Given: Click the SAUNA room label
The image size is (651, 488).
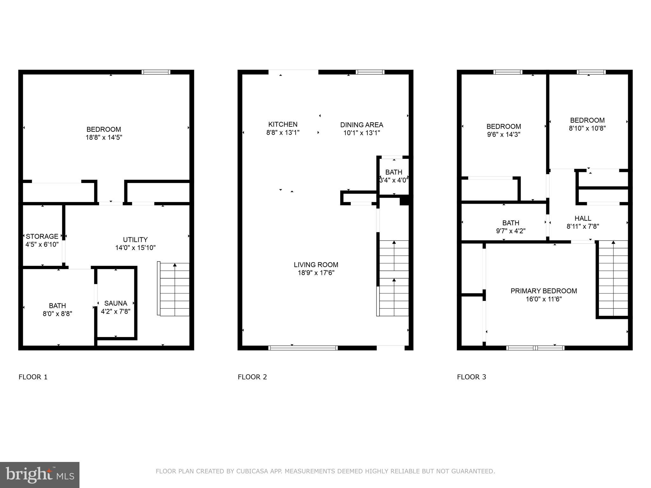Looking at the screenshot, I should pyautogui.click(x=115, y=303).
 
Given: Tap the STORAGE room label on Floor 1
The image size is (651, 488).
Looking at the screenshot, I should pyautogui.click(x=42, y=236).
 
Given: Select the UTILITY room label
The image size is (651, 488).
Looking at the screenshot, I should pyautogui.click(x=135, y=240).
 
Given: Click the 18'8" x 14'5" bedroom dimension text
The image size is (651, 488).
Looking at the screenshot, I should pyautogui.click(x=104, y=138).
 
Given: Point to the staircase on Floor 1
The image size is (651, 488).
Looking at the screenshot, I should pyautogui.click(x=174, y=289).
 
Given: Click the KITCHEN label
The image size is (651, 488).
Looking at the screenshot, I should pyautogui.click(x=283, y=124).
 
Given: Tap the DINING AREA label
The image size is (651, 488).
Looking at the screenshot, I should pyautogui.click(x=361, y=125).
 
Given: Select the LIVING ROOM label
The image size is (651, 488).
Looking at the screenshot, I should pyautogui.click(x=316, y=265).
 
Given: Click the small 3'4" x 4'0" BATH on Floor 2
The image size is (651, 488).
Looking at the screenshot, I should pyautogui.click(x=394, y=176).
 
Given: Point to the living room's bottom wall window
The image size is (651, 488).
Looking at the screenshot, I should pyautogui.click(x=303, y=348).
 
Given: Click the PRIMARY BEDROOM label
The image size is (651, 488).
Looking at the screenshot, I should pyautogui.click(x=544, y=291).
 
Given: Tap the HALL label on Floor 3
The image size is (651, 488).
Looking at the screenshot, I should pyautogui.click(x=583, y=218).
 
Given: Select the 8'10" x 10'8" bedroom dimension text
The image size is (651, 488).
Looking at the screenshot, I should pyautogui.click(x=587, y=128).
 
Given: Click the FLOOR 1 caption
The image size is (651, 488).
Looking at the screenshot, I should pyautogui.click(x=33, y=377).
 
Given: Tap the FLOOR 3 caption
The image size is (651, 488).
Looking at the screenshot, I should pyautogui.click(x=471, y=377).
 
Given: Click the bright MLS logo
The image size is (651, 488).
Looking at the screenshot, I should pyautogui.click(x=39, y=475).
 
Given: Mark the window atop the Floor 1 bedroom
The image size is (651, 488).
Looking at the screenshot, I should pyautogui.click(x=156, y=72).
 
